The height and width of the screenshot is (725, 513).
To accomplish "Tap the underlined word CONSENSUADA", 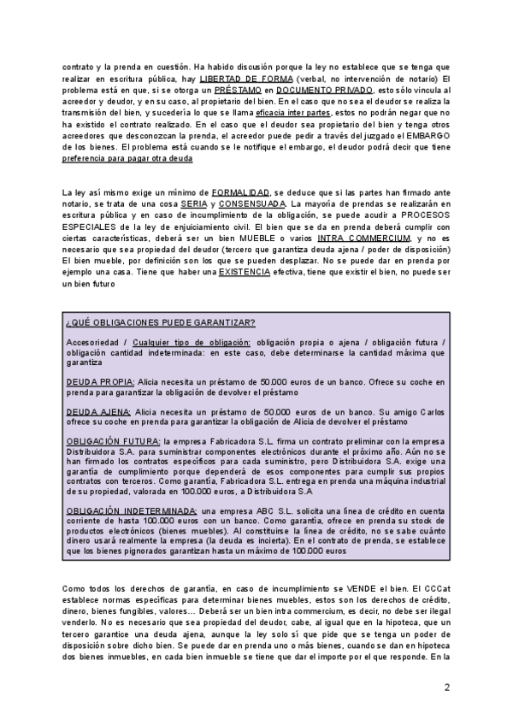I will (252, 204).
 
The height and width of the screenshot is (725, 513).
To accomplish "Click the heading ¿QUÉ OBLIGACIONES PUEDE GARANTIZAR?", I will (160, 322).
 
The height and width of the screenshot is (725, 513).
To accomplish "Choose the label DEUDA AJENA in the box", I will (97, 411).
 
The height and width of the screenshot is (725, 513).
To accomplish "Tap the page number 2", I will (445, 687).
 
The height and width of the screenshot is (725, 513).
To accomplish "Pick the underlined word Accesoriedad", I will (88, 342).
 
